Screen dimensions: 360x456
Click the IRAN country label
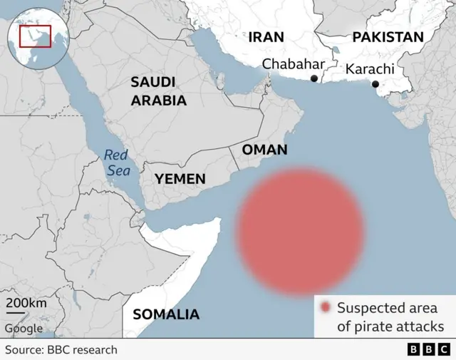pyautogui.click(x=266, y=37)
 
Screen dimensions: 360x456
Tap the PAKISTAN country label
pyautogui.click(x=388, y=37)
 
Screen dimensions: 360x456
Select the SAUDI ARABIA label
pyautogui.click(x=158, y=91)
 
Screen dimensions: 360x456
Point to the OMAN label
pyautogui.click(x=264, y=150)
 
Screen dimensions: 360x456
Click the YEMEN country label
pyautogui.click(x=181, y=179)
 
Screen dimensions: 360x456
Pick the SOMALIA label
pyautogui.click(x=166, y=314)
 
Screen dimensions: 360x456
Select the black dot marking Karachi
pyautogui.click(x=375, y=85)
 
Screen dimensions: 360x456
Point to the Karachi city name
pyautogui.click(x=370, y=69)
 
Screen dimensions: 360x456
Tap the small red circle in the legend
pyautogui.click(x=326, y=308)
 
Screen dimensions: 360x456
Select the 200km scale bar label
pyautogui.click(x=27, y=304)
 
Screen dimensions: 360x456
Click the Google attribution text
pyautogui.click(x=24, y=329)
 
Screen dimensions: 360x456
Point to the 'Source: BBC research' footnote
pyautogui.click(x=61, y=349)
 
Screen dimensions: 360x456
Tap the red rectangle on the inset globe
pyautogui.click(x=31, y=36)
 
